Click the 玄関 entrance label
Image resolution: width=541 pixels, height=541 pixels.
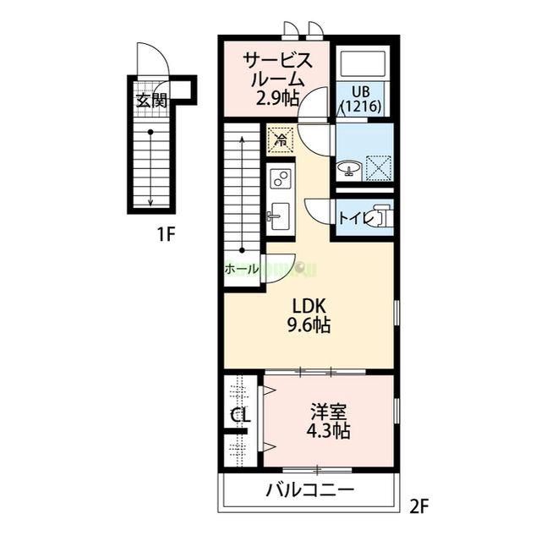coord(150,100)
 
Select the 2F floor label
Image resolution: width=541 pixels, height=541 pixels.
coord(419,507)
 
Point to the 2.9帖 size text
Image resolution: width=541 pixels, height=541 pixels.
coord(278,97)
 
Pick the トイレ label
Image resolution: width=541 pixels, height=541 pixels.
coord(353,218)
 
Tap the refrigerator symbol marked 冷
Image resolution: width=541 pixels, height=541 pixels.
coord(280,138)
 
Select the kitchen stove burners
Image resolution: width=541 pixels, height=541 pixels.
coord(280,179)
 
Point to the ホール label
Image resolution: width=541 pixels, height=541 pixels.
coord(242,269)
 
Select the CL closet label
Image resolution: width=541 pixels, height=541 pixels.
coord(241,416)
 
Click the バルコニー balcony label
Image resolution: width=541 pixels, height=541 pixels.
coord(310,490)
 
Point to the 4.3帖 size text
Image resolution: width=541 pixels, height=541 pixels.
coord(328,431)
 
